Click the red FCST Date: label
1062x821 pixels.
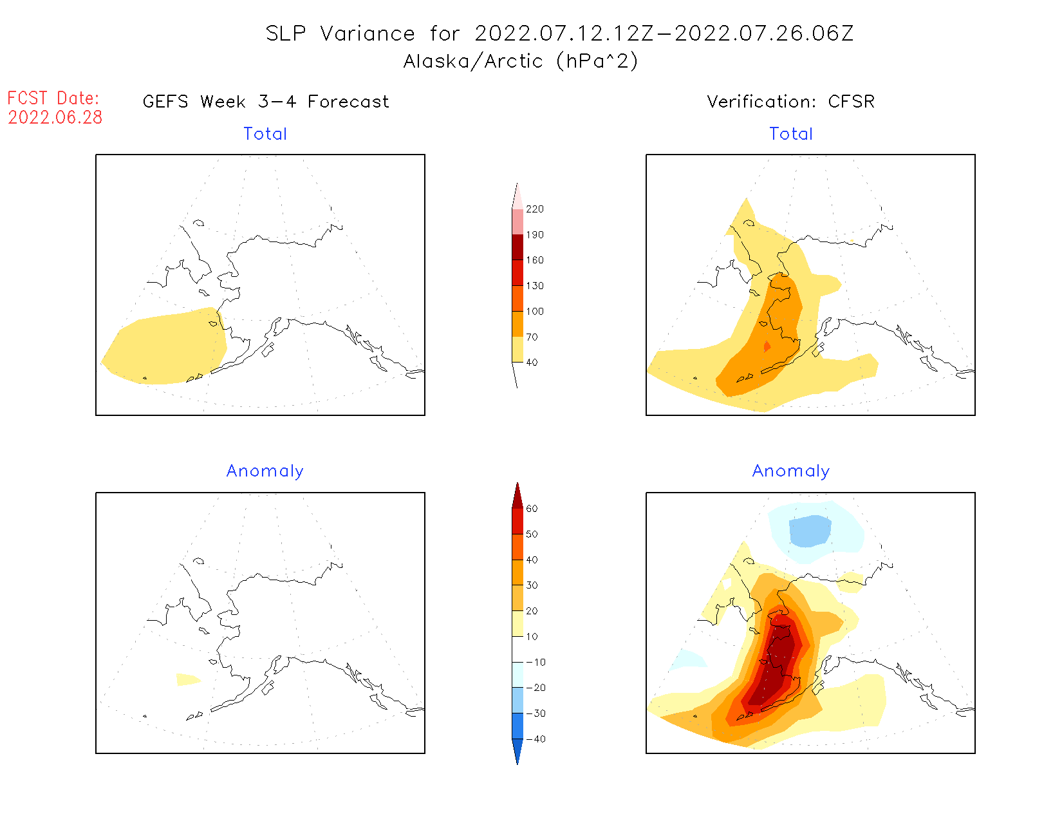coord(53,99)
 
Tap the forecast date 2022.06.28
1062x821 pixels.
coord(55,118)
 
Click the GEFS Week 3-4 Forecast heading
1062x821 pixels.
coord(266,102)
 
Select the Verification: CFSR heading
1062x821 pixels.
coord(790,102)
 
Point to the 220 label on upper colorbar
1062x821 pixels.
coord(534,209)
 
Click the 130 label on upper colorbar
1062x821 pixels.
coord(534,286)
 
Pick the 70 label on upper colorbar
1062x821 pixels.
coord(532,337)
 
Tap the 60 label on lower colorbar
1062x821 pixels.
coord(532,509)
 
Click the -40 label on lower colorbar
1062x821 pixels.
coord(536,739)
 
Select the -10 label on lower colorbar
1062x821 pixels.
coord(536,662)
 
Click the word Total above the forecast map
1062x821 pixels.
coord(265,134)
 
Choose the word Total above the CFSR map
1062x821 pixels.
coord(791,134)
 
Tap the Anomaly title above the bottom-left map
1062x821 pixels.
coord(265,471)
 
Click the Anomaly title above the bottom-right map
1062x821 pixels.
coord(791,471)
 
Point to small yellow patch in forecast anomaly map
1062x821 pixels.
coord(187,679)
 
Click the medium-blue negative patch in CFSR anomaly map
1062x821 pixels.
coord(810,531)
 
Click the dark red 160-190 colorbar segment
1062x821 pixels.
coord(517,247)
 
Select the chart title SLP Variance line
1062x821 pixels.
coord(559,33)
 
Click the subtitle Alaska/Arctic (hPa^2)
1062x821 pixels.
coord(521,61)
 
